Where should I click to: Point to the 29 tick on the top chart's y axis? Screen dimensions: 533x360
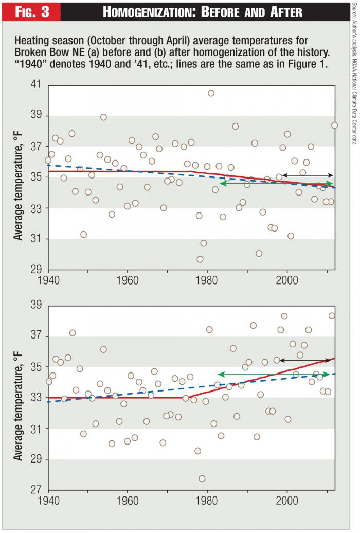tap(37, 270)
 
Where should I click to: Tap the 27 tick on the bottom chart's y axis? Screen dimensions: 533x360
tap(37, 490)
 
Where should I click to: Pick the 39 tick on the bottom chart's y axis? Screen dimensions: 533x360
tap(37, 305)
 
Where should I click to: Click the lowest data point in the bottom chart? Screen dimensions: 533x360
tap(202, 478)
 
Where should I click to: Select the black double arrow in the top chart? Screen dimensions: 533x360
tap(307, 175)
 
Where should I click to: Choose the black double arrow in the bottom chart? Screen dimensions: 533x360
tap(304, 360)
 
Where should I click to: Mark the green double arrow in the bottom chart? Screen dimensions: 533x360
tap(274, 374)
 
